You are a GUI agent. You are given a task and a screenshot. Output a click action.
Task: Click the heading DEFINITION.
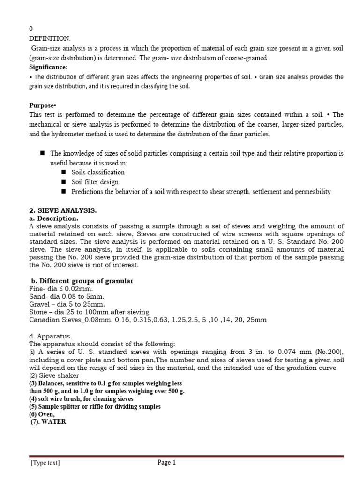tap(50, 38)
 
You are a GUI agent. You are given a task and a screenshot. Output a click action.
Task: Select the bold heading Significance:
tap(48, 67)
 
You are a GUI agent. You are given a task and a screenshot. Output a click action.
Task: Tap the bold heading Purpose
tap(43, 105)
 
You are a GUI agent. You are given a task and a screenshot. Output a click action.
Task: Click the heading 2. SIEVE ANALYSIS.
tap(63, 210)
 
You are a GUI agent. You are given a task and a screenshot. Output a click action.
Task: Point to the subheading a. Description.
tap(53, 218)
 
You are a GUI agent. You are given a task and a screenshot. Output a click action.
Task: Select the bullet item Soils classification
tap(98, 172)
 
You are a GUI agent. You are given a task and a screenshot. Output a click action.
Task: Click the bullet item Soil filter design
tap(95, 182)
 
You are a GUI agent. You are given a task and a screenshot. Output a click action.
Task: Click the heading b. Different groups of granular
tap(82, 281)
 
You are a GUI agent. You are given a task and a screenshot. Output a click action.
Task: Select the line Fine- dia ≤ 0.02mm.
tap(61, 289)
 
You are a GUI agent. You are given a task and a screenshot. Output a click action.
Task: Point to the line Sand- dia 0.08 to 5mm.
tap(67, 297)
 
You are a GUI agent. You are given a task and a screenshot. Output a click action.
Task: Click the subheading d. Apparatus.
tap(51, 336)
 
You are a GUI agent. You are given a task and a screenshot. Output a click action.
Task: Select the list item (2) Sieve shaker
tap(54, 375)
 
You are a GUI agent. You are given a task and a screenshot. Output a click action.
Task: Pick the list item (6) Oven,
tap(43, 414)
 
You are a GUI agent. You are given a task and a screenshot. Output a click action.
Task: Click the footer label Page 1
tap(166, 463)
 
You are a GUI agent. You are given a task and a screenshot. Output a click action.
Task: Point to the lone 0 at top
tap(31, 29)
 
